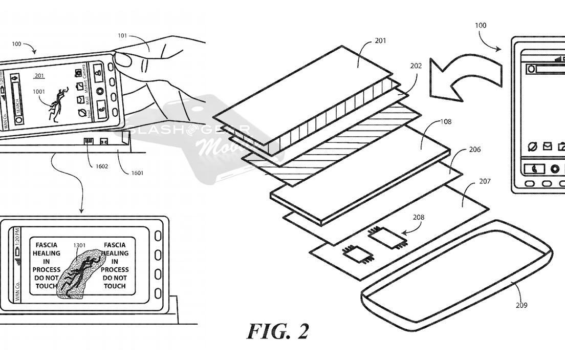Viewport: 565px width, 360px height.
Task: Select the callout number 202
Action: click(x=416, y=66)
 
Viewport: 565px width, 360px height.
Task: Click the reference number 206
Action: click(x=475, y=150)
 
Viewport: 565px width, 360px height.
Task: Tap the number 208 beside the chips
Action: click(x=419, y=217)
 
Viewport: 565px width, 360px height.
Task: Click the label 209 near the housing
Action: click(x=521, y=306)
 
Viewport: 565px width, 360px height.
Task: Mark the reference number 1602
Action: click(x=101, y=166)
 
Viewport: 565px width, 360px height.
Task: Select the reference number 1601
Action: click(x=137, y=173)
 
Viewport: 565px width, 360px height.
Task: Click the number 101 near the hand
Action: click(x=122, y=35)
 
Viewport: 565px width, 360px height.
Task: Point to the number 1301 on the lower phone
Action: click(x=79, y=245)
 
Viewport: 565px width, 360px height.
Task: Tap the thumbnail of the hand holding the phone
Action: click(x=154, y=77)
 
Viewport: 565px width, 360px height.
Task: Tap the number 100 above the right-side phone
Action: click(x=481, y=25)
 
